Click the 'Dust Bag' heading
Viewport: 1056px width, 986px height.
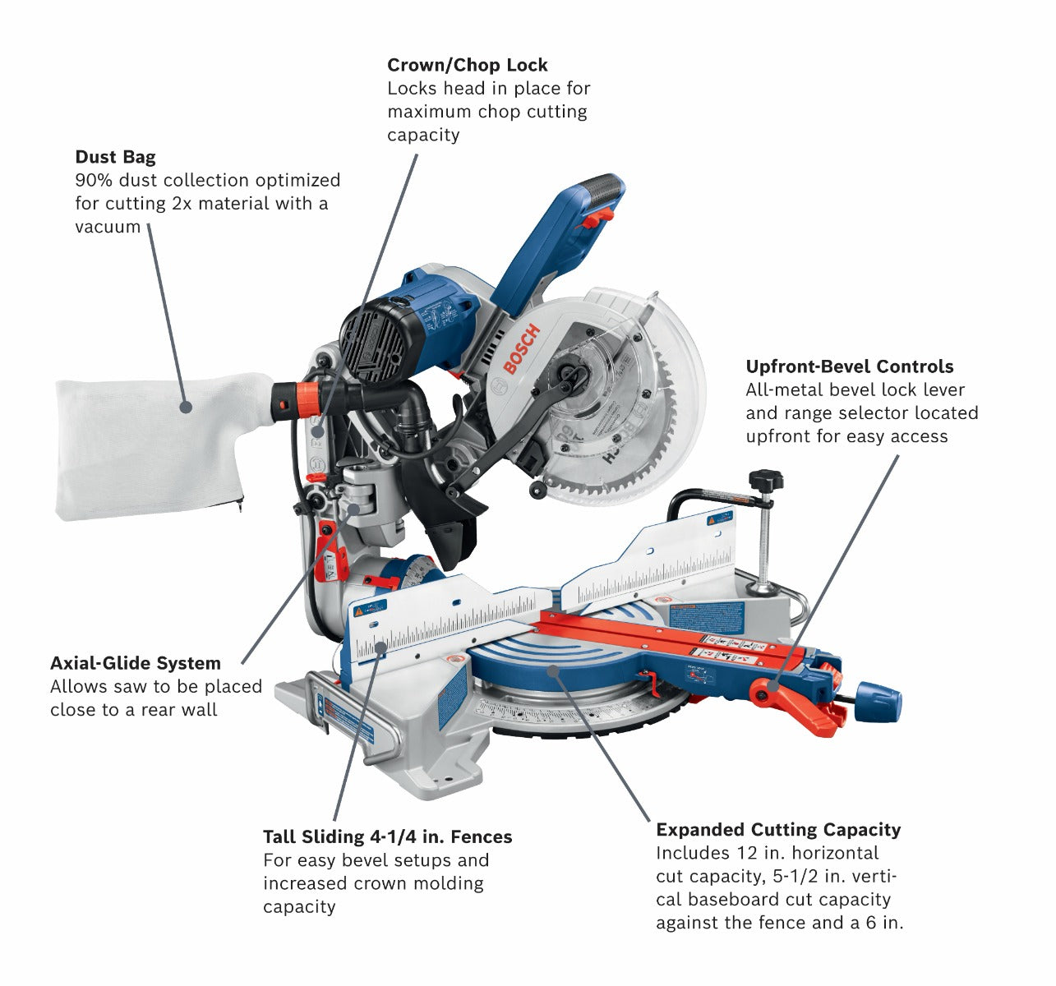[115, 157]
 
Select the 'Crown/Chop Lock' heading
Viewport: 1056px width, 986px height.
[467, 65]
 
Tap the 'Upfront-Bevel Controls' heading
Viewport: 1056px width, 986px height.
[850, 366]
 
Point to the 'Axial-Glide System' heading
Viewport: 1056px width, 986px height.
[136, 663]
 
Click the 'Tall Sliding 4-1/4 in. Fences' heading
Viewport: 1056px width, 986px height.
[387, 836]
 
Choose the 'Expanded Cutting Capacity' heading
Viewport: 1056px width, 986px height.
[777, 830]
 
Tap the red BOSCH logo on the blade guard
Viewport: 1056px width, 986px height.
[521, 348]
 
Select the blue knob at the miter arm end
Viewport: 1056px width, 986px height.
[879, 699]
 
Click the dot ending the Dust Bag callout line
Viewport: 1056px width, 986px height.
[186, 406]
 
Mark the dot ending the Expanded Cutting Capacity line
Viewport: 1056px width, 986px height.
[553, 670]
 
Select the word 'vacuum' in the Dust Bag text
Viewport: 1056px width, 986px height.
[108, 227]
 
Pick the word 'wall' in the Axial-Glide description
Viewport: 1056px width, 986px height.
[201, 709]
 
